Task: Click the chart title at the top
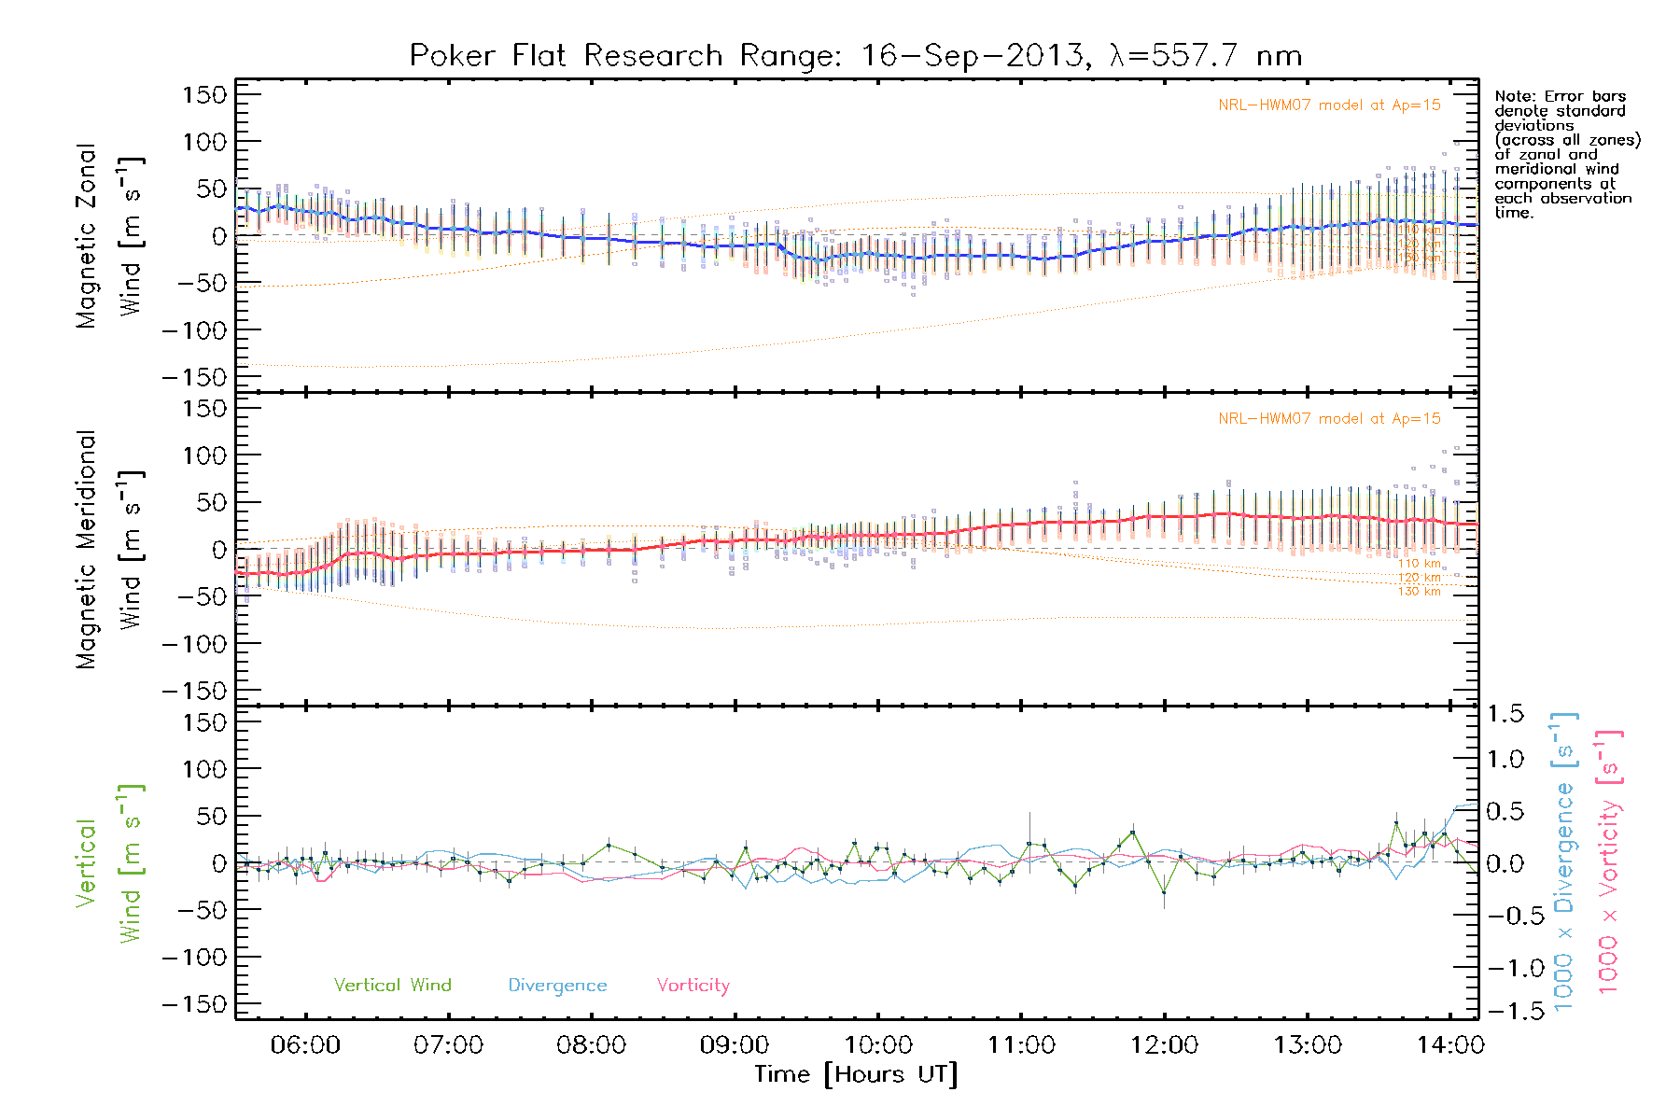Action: (855, 56)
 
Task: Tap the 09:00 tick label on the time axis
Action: (735, 1045)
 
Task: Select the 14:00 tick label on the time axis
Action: (1449, 1045)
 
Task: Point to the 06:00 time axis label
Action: (305, 1045)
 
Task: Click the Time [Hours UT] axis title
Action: (855, 1075)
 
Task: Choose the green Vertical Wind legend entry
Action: (392, 986)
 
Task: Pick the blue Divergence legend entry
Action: (557, 986)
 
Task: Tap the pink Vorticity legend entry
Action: (693, 986)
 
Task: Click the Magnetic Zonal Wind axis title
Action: (110, 236)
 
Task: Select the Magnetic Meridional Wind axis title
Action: (110, 550)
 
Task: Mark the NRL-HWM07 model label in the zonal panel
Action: (1329, 105)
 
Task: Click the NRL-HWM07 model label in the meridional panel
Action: (1329, 419)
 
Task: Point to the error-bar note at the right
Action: (1566, 154)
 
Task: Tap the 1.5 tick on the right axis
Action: (1505, 714)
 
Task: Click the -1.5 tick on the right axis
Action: (1505, 1011)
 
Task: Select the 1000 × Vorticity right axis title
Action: (1609, 861)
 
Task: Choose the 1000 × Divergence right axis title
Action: (1564, 861)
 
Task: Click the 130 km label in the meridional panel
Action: (1419, 592)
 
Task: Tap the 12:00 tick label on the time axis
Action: (1164, 1045)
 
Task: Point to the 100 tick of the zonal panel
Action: (205, 143)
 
